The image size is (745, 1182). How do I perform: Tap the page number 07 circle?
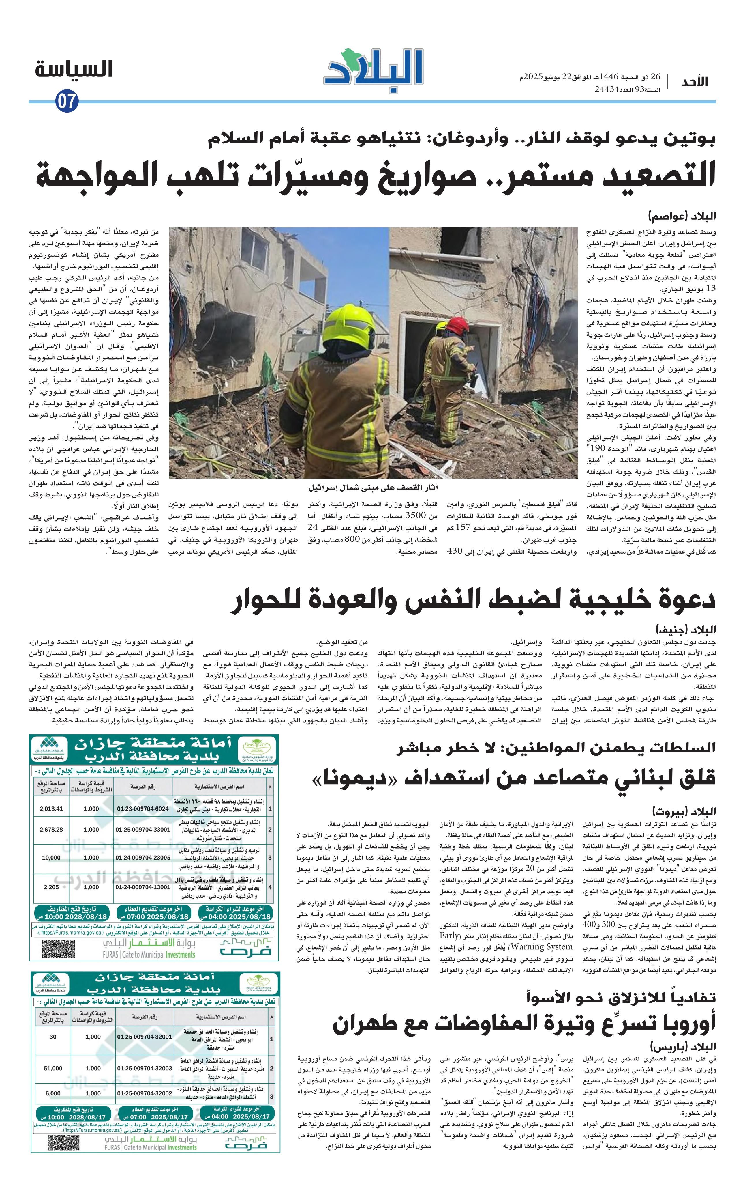67,102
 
